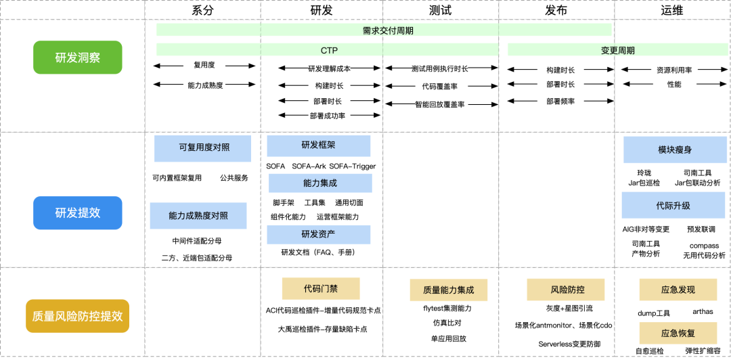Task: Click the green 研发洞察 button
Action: [x=78, y=58]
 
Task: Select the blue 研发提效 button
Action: [x=78, y=212]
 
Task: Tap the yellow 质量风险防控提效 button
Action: [x=78, y=315]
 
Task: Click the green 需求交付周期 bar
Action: [x=384, y=30]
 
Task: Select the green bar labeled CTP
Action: [x=329, y=50]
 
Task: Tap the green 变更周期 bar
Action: [x=618, y=50]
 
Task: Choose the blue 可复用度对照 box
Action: [x=202, y=148]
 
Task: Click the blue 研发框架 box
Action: [x=318, y=145]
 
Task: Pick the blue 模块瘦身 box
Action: [x=674, y=150]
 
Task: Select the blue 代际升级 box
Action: [x=673, y=205]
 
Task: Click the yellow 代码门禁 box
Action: [x=321, y=288]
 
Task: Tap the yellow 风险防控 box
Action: [x=556, y=289]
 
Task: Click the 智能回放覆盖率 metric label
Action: [x=445, y=104]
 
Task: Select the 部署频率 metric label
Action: [x=560, y=101]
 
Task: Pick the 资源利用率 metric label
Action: [x=673, y=70]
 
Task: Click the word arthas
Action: [x=703, y=312]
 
